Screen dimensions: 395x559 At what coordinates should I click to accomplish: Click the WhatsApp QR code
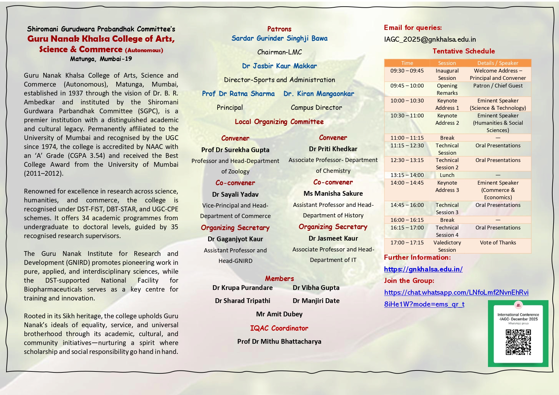(x=518, y=342)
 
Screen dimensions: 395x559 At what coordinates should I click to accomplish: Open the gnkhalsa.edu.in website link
(x=423, y=269)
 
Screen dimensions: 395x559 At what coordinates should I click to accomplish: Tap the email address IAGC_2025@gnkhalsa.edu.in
(x=430, y=39)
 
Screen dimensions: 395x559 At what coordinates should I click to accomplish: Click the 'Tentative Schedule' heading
(x=463, y=51)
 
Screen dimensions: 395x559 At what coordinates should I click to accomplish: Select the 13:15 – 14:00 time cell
(x=407, y=175)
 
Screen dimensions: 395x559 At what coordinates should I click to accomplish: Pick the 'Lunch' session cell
(x=447, y=175)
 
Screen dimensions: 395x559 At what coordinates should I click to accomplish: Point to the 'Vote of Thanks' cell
(x=498, y=243)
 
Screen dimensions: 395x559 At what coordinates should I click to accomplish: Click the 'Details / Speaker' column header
(x=498, y=63)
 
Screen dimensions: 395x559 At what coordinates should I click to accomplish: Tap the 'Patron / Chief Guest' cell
(x=498, y=86)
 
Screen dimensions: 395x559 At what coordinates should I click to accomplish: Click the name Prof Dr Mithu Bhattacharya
(x=279, y=342)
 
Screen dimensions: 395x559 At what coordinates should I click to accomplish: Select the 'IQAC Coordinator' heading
(x=279, y=328)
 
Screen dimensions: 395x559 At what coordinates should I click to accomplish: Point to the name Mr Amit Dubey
(x=279, y=314)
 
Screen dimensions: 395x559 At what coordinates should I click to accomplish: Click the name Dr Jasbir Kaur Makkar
(x=279, y=66)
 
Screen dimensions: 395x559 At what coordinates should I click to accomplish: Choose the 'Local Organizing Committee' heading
(x=279, y=122)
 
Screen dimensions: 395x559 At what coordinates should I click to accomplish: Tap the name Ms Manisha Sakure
(x=333, y=194)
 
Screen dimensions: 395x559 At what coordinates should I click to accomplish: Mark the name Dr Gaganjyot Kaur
(x=235, y=239)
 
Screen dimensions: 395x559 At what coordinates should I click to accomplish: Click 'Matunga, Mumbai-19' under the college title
(x=101, y=59)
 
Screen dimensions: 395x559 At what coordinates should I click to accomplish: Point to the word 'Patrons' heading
(x=279, y=29)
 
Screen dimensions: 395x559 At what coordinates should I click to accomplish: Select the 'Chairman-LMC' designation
(x=279, y=52)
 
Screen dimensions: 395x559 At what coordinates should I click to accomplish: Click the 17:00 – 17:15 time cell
(x=407, y=243)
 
